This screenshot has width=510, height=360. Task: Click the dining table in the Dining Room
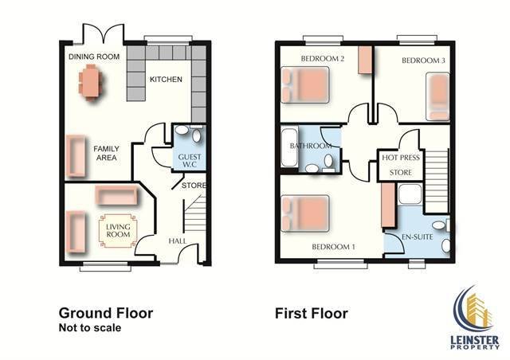(90, 81)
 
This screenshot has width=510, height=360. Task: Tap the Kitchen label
(166, 80)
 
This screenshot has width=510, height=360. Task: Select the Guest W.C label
(190, 161)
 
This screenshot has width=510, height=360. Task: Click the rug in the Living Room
(118, 231)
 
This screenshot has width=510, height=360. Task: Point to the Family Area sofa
(76, 156)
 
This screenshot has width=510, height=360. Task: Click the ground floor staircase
(195, 213)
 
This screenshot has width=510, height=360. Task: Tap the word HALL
(178, 241)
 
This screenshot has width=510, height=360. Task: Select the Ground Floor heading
(106, 313)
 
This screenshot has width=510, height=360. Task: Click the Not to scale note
(90, 327)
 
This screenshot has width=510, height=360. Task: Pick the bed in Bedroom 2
(305, 85)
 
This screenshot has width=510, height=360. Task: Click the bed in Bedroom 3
(437, 96)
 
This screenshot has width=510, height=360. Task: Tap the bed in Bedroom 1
(305, 213)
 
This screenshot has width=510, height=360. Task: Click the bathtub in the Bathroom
(289, 147)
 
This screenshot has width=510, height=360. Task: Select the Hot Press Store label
(401, 165)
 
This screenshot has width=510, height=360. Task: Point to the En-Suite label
(418, 237)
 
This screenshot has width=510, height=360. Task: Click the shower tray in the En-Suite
(410, 194)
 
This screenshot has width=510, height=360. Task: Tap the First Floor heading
(312, 314)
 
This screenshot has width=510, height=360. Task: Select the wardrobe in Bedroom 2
(365, 60)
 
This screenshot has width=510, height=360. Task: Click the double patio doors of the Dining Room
(104, 33)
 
